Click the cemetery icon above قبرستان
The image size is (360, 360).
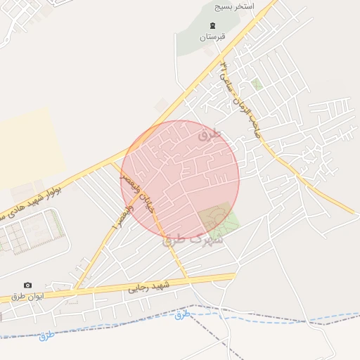click(x=211, y=26)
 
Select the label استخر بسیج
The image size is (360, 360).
click(x=235, y=6)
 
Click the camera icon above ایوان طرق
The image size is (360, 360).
click(x=27, y=285)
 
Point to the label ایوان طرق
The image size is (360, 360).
click(x=27, y=295)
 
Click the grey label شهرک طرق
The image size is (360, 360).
click(x=193, y=239)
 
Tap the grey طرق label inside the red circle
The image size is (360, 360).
click(x=210, y=134)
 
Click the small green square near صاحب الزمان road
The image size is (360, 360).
click(x=258, y=84)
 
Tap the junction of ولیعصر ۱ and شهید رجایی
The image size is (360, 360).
click(x=75, y=288)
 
